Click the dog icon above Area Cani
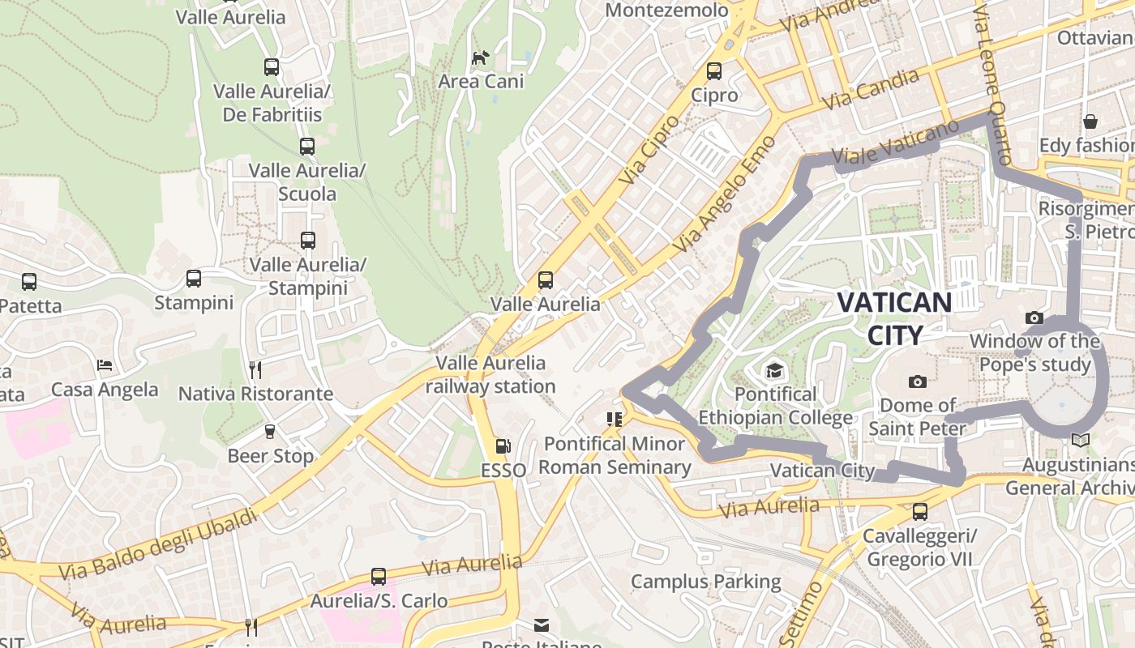click(x=480, y=58)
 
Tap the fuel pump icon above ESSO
click(x=503, y=446)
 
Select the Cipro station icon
click(x=714, y=71)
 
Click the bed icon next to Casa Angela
click(x=105, y=365)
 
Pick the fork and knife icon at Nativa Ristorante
click(x=255, y=370)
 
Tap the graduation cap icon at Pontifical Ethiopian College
click(x=775, y=371)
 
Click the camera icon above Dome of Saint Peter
click(x=918, y=382)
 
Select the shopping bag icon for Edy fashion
click(x=1091, y=122)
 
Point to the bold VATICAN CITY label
click(x=894, y=318)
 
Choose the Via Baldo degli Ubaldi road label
click(x=158, y=544)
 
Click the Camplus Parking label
click(x=705, y=582)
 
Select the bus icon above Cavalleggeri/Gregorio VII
click(x=919, y=512)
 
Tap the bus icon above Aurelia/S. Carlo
click(x=379, y=577)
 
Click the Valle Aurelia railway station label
click(x=490, y=374)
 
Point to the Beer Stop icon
click(x=270, y=432)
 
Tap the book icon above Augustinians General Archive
click(x=1080, y=441)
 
